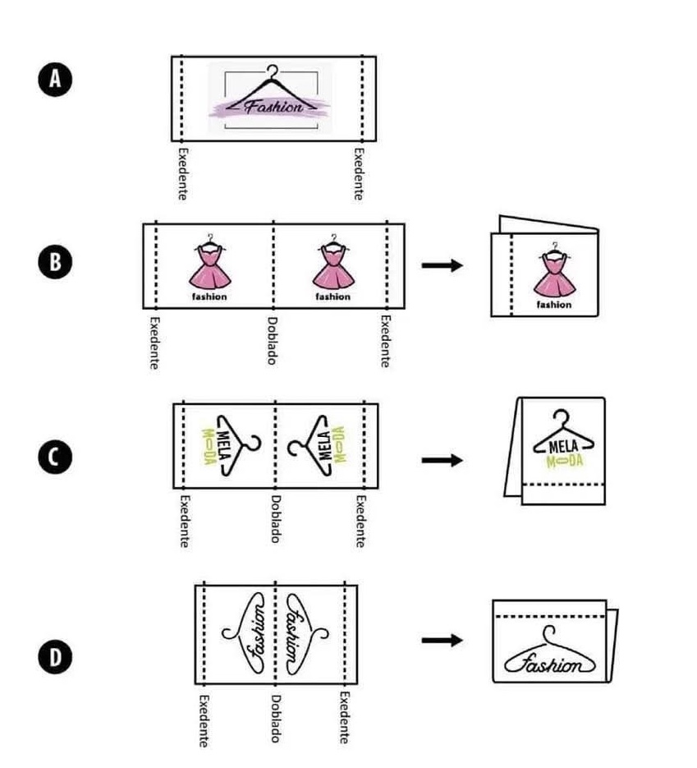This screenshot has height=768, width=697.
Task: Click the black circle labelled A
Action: pyautogui.click(x=55, y=79)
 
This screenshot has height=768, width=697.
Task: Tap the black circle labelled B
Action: pyautogui.click(x=55, y=261)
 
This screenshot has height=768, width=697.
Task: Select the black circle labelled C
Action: pyautogui.click(x=55, y=457)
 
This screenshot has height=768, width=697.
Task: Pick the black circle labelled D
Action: pyautogui.click(x=55, y=657)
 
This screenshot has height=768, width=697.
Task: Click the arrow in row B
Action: pyautogui.click(x=442, y=265)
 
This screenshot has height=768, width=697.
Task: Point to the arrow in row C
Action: pyautogui.click(x=442, y=461)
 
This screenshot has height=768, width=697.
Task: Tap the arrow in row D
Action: pyautogui.click(x=442, y=640)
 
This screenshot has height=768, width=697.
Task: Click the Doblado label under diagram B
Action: pyautogui.click(x=272, y=340)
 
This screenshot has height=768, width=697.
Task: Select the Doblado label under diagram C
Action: pyautogui.click(x=276, y=518)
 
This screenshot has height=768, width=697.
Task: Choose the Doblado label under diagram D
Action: pyautogui.click(x=276, y=718)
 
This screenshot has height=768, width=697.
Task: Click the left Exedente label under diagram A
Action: pyautogui.click(x=182, y=174)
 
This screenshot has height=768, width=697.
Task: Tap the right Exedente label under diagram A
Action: pyautogui.click(x=359, y=174)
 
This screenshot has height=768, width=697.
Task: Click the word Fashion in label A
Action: pyautogui.click(x=274, y=106)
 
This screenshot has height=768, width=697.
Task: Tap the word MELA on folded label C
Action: pyautogui.click(x=563, y=446)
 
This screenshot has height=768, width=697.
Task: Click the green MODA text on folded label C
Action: pyautogui.click(x=565, y=461)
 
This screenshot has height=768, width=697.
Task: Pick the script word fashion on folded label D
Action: pyautogui.click(x=550, y=664)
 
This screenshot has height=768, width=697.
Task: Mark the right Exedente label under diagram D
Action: pyautogui.click(x=345, y=718)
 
